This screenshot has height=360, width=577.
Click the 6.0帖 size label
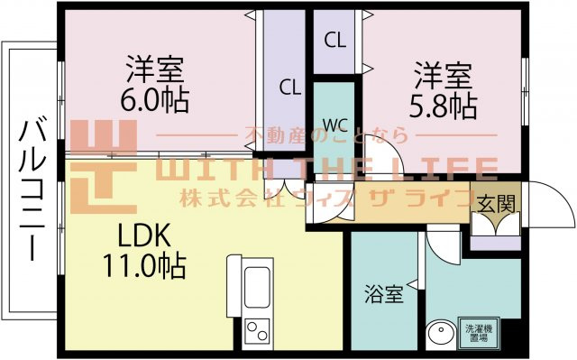point(154,100)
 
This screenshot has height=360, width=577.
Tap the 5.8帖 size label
point(444,106)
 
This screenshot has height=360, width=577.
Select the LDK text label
point(144,235)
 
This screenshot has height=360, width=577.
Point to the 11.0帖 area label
point(144,266)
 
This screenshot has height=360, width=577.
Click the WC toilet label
point(335,126)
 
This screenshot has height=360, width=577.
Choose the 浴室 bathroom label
point(384,293)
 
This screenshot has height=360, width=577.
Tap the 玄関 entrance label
point(496,204)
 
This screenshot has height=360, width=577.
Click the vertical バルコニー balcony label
point(32,189)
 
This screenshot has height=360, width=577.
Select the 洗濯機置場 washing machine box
point(479,333)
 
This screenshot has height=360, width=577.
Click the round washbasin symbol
point(441,336)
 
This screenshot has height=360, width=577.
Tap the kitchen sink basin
point(257,287)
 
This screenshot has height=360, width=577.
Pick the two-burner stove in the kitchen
point(257,330)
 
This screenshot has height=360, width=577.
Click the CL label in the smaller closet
point(334,40)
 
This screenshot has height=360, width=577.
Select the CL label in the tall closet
point(290,88)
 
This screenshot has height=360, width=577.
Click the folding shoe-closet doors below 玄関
point(495,225)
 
